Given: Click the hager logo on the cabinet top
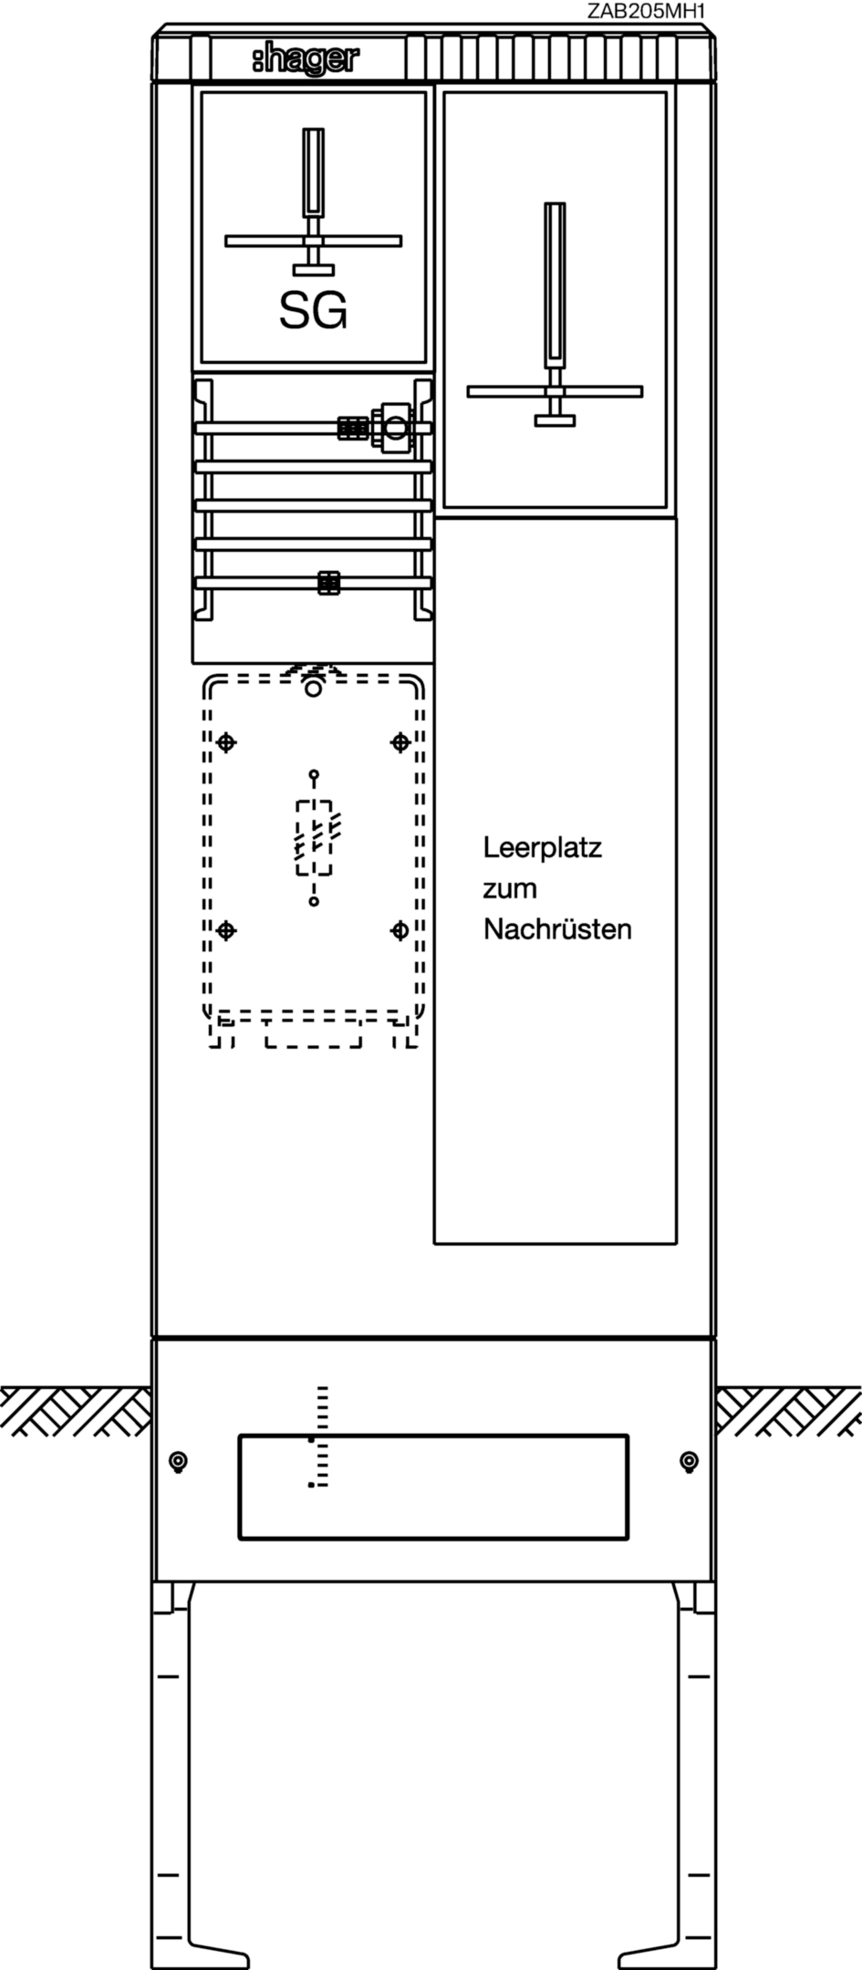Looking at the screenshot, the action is point(306,60).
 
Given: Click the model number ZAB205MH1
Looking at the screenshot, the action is point(647,11).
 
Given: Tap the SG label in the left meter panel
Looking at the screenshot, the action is point(313,311).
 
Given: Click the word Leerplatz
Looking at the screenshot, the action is point(542,849).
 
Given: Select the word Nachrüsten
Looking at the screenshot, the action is point(557,929).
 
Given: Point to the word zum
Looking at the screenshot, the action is point(509,889).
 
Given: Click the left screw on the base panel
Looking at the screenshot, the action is point(179,1462).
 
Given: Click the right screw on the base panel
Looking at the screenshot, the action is point(690,1462).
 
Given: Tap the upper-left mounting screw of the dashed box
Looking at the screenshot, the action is point(226,742).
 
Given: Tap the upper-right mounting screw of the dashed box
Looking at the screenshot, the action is point(400,742).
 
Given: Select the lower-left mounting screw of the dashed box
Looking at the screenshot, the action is point(226,930).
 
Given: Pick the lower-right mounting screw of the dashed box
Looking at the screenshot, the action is point(400,930).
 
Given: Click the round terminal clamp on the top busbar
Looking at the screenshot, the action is point(397,426).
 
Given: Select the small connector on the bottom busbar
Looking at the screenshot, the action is point(328,582).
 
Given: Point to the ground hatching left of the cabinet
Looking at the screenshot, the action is point(76,1411).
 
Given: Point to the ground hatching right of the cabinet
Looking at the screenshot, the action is point(788,1411).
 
